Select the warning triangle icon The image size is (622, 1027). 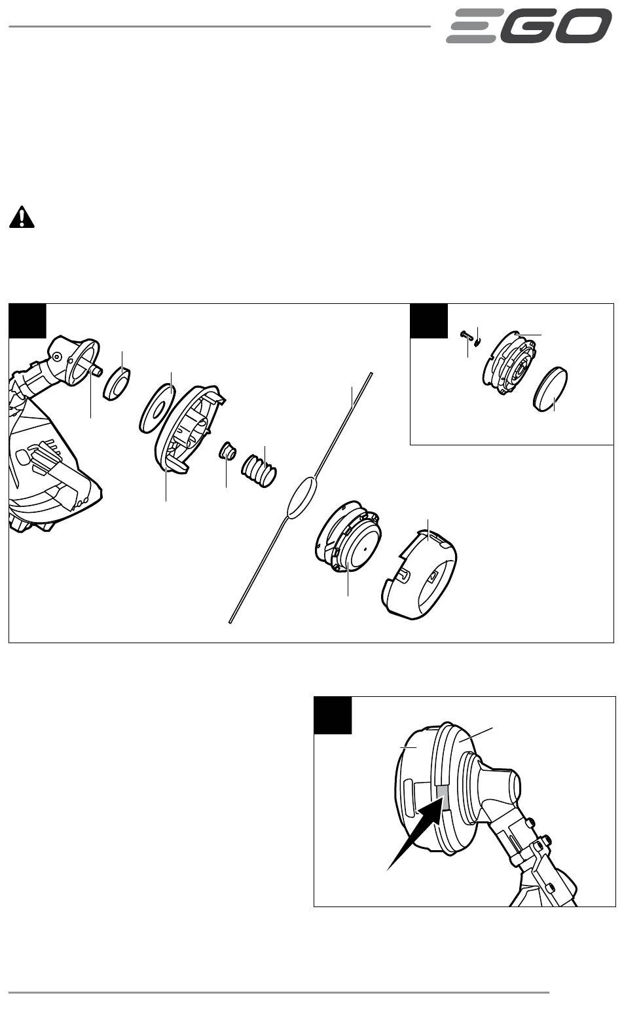22,217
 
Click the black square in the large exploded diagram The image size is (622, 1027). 27,320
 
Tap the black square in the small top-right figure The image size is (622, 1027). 429,320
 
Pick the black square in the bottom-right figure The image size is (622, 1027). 333,715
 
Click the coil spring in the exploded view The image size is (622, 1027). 259,470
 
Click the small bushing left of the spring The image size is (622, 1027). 228,451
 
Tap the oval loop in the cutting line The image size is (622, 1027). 301,498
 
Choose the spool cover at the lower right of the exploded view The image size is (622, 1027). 420,574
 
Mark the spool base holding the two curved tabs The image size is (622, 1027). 191,428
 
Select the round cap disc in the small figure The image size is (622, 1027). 551,389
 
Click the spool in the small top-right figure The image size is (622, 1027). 509,363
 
